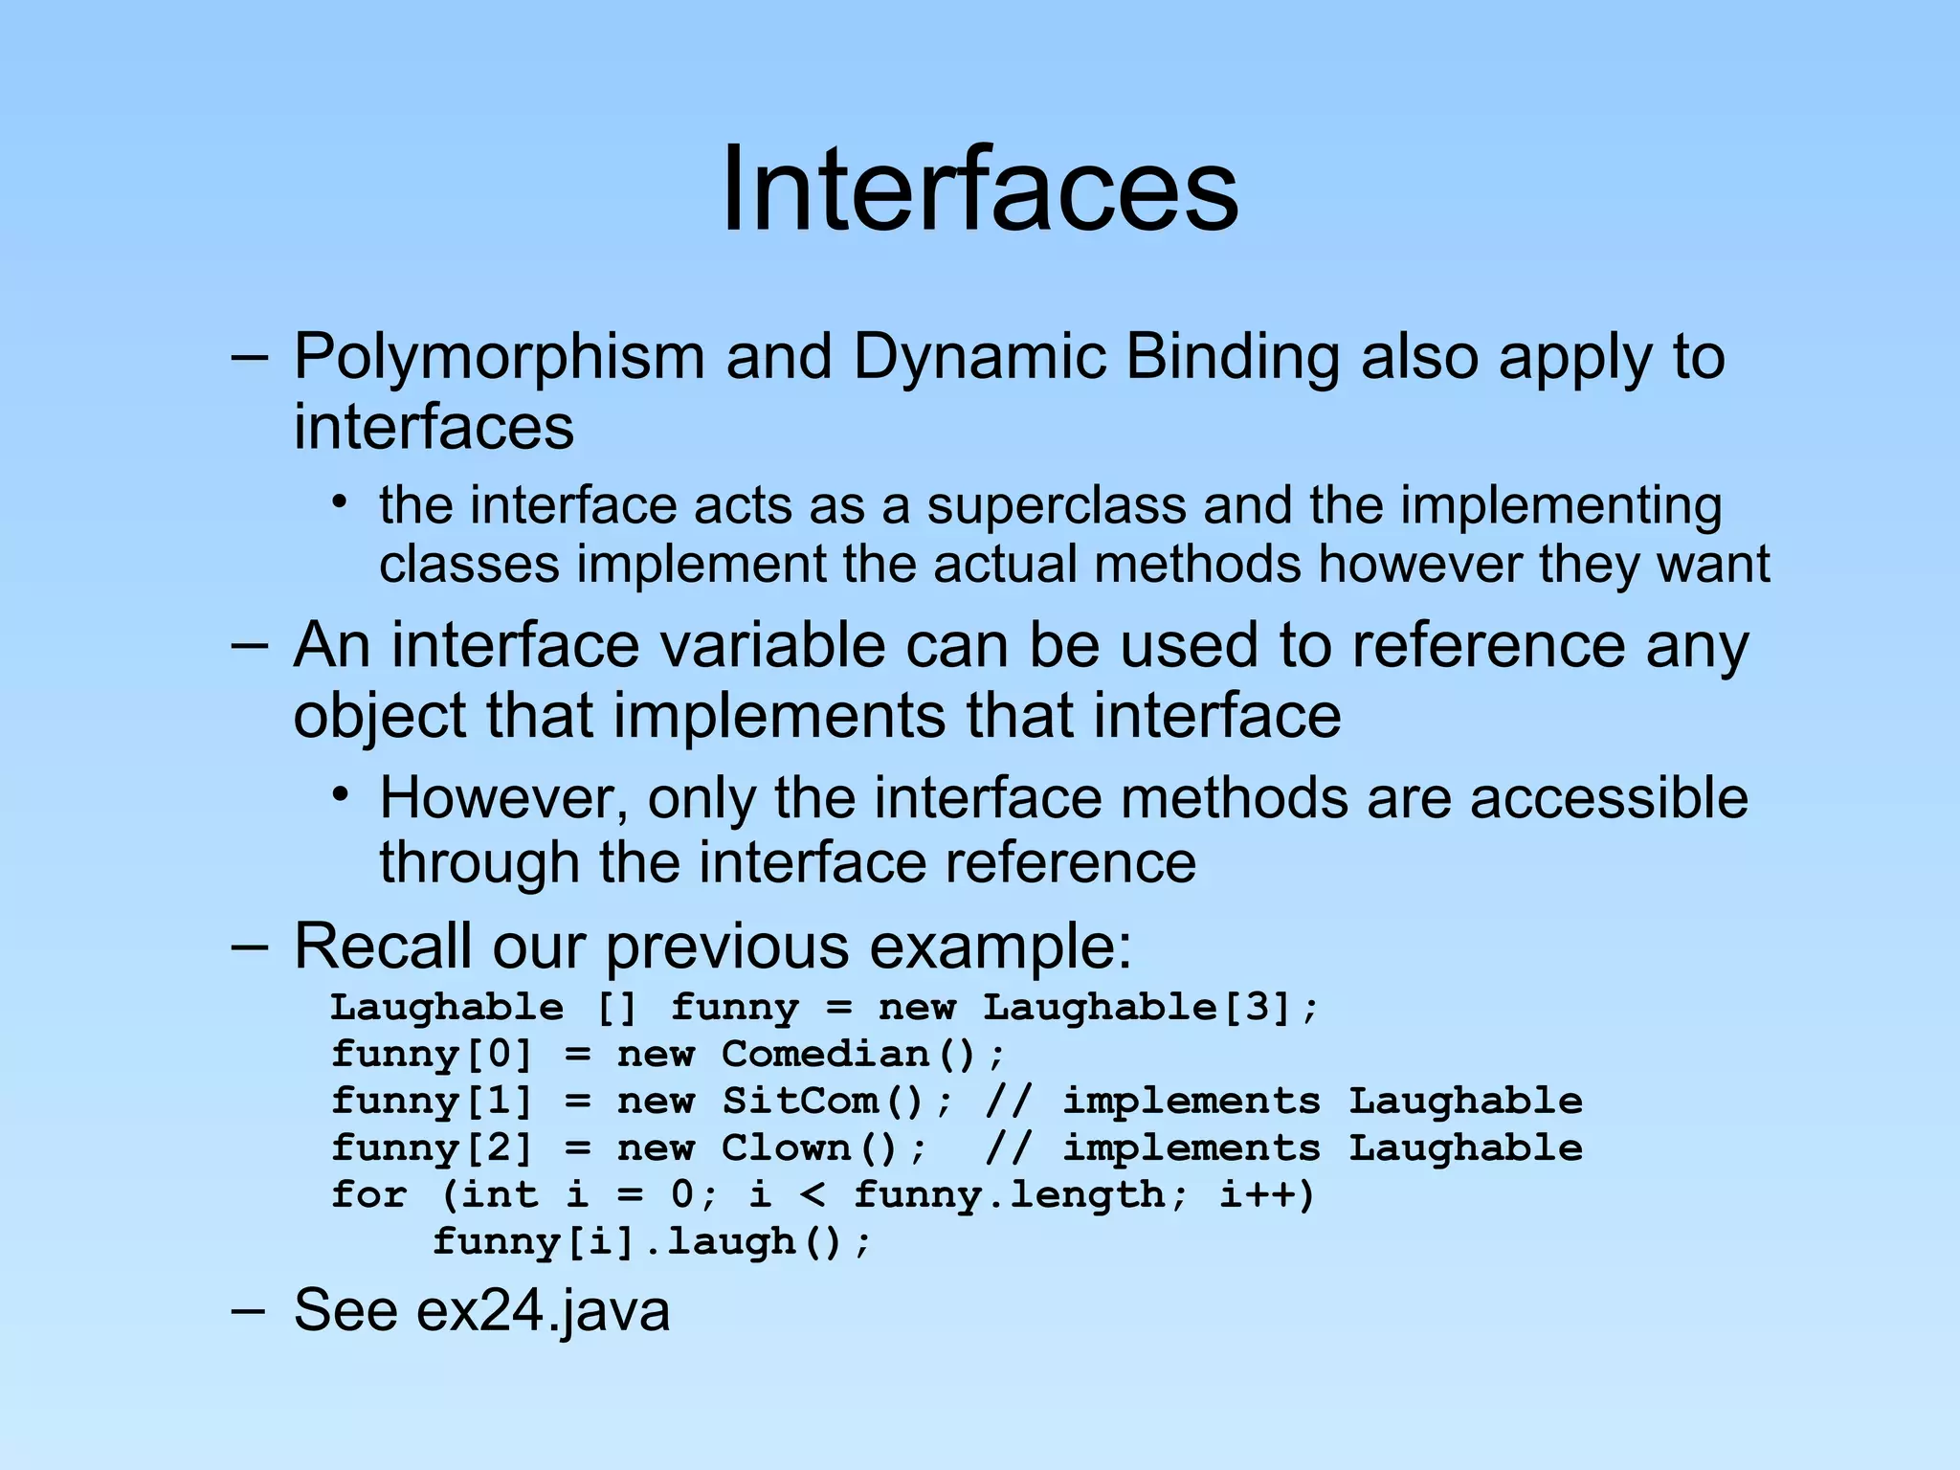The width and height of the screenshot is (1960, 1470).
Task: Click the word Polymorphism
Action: tap(498, 357)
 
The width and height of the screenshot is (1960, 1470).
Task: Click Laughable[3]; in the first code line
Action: tap(1151, 1007)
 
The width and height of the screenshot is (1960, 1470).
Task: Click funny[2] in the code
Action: tap(431, 1147)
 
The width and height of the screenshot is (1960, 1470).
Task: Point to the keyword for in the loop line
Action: tap(369, 1194)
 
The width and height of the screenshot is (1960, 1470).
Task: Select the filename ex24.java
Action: tap(543, 1310)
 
